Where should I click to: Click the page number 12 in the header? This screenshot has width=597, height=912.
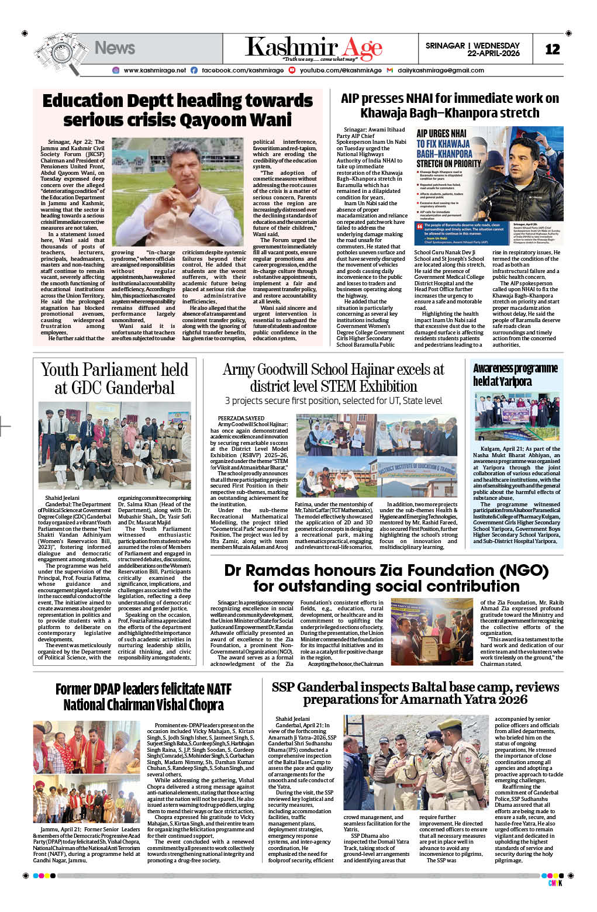(552, 50)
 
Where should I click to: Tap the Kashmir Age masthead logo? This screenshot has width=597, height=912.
(313, 47)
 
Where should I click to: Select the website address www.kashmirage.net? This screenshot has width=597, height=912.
(154, 70)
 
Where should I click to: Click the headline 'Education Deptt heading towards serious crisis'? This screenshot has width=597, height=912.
(178, 110)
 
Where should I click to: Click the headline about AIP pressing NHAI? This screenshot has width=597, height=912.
(450, 105)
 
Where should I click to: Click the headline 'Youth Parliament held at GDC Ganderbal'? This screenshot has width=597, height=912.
(115, 378)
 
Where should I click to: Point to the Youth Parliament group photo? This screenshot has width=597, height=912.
(115, 445)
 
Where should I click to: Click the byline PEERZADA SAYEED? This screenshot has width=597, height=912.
(241, 419)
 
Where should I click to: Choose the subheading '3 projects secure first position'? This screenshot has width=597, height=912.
(333, 401)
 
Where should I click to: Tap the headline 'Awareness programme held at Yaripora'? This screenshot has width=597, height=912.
(515, 375)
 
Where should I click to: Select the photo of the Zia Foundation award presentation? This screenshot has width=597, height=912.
(432, 632)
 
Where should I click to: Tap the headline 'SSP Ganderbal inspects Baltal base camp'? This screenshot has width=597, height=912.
(415, 693)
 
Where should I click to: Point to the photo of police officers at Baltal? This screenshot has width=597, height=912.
(416, 762)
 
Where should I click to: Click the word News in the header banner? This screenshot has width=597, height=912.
(115, 48)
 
